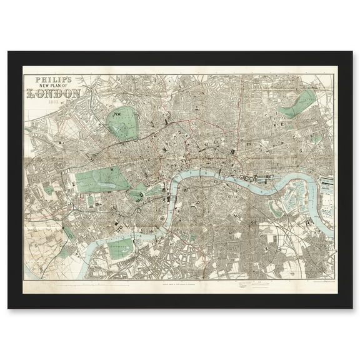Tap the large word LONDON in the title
click(x=53, y=95)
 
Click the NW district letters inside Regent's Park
click(x=116, y=114)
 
